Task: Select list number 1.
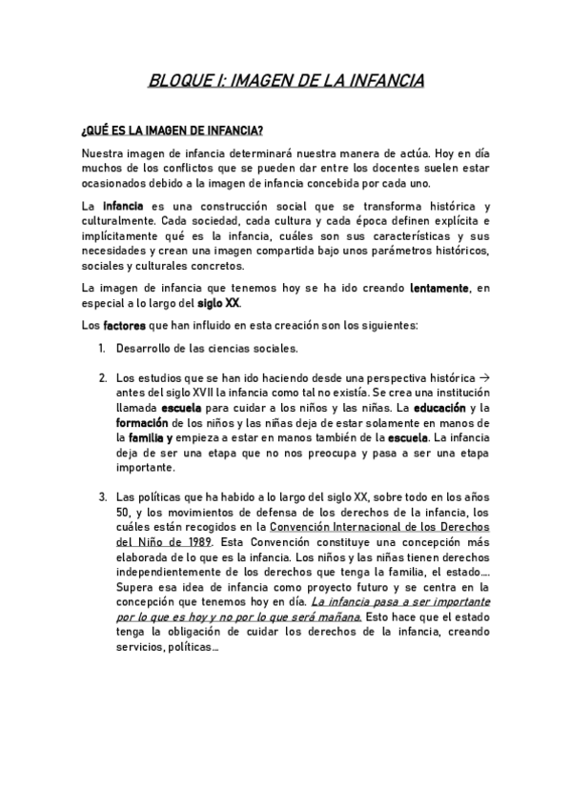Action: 102,349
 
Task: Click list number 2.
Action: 102,378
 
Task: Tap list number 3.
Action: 102,496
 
